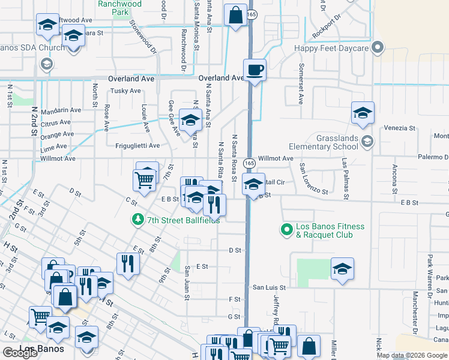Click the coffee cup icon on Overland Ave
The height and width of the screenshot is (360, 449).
click(255, 70)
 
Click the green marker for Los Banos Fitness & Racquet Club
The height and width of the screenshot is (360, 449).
click(287, 229)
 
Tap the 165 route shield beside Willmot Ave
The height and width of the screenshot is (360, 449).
click(250, 163)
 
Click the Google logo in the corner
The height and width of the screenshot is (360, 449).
click(20, 353)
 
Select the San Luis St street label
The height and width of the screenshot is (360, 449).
click(268, 288)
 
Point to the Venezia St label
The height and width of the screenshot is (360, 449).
click(400, 128)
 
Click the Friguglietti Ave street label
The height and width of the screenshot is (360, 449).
click(137, 146)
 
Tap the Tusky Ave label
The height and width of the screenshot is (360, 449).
click(125, 91)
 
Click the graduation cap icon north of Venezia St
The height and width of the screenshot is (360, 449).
click(363, 113)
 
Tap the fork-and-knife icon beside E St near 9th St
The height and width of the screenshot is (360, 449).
click(127, 263)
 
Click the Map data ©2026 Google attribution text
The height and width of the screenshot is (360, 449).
click(412, 355)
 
